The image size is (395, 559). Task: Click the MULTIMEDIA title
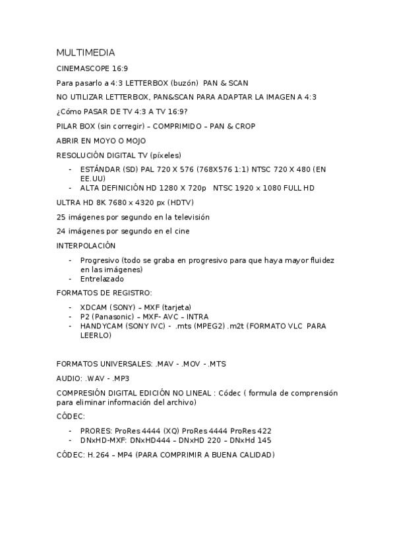coord(86,52)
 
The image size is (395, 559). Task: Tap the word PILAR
coord(68,126)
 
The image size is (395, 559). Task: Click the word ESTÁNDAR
coord(100,169)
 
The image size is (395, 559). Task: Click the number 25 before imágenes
coord(61,217)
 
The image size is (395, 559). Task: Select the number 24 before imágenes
coord(61,231)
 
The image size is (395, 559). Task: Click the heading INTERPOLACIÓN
coord(86,246)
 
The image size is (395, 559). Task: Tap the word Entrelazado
coord(102,279)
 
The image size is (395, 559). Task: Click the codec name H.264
coord(99,455)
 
